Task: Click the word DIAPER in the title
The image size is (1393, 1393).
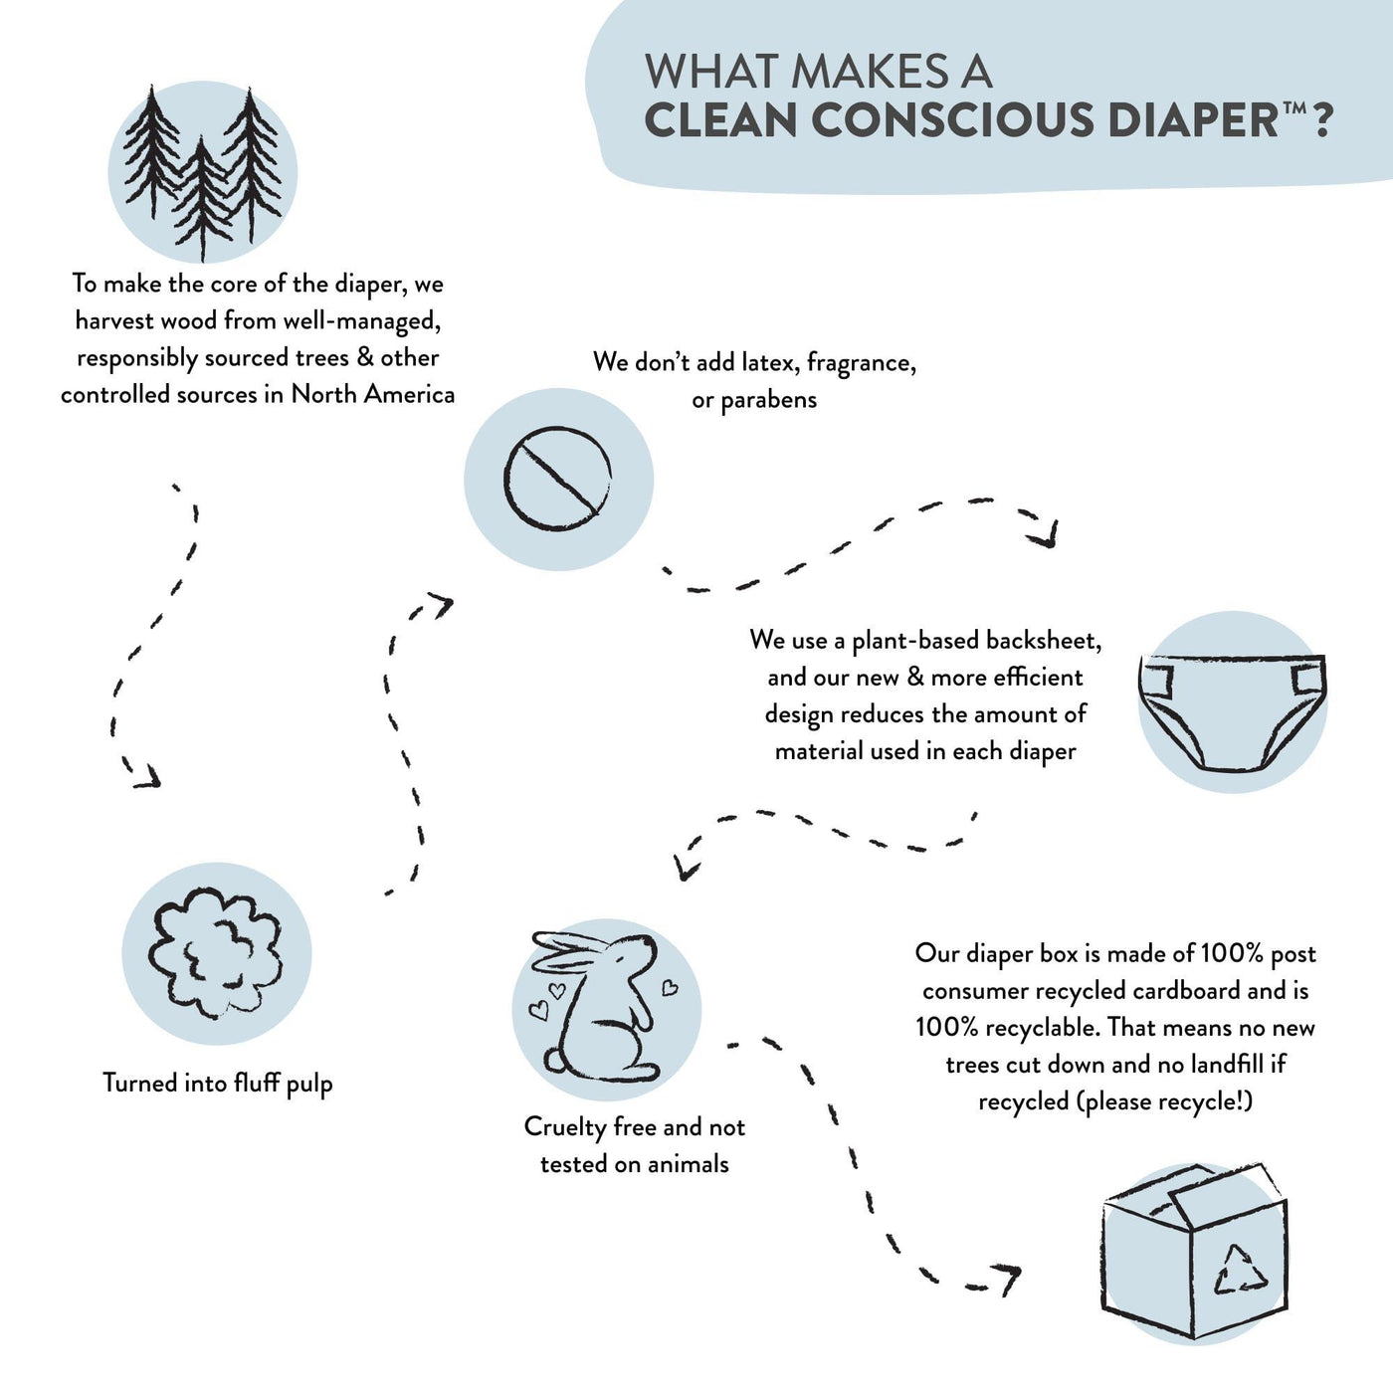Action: pyautogui.click(x=1193, y=120)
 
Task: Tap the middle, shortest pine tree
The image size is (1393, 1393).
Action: pyautogui.click(x=202, y=198)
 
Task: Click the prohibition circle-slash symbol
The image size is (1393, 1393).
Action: pyautogui.click(x=557, y=479)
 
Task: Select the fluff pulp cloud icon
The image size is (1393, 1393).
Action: pyautogui.click(x=216, y=953)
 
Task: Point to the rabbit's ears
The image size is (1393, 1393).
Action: pyautogui.click(x=570, y=953)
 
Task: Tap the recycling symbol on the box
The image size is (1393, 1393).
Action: pyautogui.click(x=1241, y=1270)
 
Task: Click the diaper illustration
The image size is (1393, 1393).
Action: pyautogui.click(x=1233, y=712)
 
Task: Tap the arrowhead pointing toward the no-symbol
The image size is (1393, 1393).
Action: pyautogui.click(x=440, y=604)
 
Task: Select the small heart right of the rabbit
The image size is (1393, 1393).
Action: pyautogui.click(x=670, y=987)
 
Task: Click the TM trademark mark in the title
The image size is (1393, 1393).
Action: pyautogui.click(x=1293, y=108)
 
